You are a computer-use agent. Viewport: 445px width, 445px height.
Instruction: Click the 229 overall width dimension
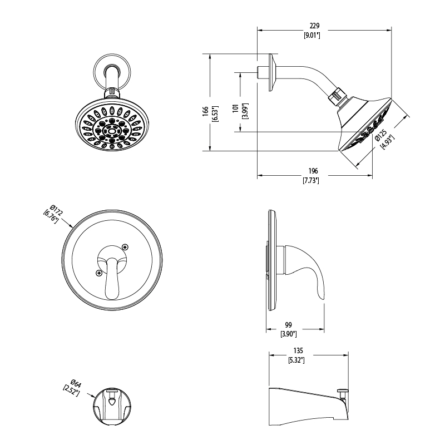pyautogui.click(x=314, y=26)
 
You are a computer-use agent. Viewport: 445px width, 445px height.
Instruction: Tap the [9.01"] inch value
pyautogui.click(x=312, y=36)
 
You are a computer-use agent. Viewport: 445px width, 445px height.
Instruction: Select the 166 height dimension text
pyautogui.click(x=205, y=111)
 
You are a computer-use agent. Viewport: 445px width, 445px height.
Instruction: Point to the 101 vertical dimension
pyautogui.click(x=235, y=108)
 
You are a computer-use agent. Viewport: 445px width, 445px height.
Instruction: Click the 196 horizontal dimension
pyautogui.click(x=313, y=171)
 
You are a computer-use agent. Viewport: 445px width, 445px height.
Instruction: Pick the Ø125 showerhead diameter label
pyautogui.click(x=381, y=135)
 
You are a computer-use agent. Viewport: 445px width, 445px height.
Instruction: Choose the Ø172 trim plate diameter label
pyautogui.click(x=56, y=210)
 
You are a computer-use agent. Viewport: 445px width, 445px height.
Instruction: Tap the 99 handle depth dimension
pyautogui.click(x=288, y=325)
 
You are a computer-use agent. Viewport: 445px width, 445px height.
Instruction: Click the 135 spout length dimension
pyautogui.click(x=298, y=350)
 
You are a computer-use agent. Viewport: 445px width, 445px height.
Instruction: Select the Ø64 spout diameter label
pyautogui.click(x=76, y=384)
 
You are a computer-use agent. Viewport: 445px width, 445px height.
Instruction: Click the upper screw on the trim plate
pyautogui.click(x=125, y=246)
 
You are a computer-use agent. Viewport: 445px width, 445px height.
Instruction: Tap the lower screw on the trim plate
pyautogui.click(x=99, y=273)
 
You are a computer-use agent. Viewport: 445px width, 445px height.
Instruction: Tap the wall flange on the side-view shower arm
pyautogui.click(x=272, y=73)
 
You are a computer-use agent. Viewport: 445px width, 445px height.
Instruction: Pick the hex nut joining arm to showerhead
pyautogui.click(x=337, y=95)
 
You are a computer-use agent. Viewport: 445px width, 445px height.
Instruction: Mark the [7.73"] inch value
pyautogui.click(x=311, y=180)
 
